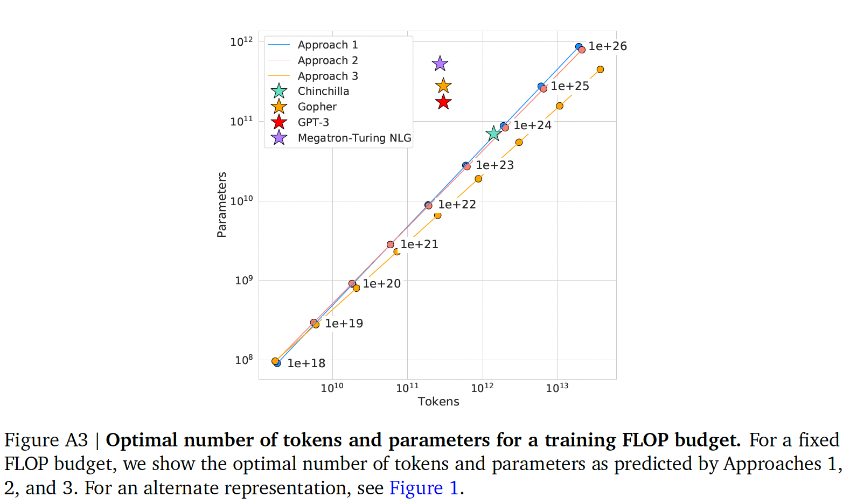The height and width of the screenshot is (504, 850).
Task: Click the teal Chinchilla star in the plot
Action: [493, 133]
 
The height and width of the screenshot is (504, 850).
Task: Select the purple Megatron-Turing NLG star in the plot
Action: [440, 64]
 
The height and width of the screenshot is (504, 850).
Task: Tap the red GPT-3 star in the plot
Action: [443, 102]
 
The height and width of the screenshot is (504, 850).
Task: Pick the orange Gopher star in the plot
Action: [443, 86]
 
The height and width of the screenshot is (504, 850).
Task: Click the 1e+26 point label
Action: [608, 46]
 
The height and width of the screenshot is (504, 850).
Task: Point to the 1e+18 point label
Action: [306, 363]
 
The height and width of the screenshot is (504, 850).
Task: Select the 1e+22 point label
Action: [457, 205]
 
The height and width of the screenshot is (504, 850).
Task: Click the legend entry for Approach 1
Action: [328, 45]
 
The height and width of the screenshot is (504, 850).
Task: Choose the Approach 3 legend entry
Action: [328, 76]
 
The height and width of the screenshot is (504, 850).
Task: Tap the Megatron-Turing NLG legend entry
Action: [354, 138]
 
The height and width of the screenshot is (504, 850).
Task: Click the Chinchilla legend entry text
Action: [323, 91]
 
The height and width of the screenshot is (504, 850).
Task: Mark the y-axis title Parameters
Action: [221, 205]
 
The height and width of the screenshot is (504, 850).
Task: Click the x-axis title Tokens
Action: [438, 401]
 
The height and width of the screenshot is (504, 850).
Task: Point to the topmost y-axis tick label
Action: [241, 42]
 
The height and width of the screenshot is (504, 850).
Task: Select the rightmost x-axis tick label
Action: [557, 388]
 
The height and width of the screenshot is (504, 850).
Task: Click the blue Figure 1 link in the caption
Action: [423, 488]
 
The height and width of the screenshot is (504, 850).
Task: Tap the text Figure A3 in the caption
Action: [46, 440]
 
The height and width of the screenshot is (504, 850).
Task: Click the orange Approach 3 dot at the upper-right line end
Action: [600, 69]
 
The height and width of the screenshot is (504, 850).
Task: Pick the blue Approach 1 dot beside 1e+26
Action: [579, 47]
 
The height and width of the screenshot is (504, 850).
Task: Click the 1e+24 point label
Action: [532, 125]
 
